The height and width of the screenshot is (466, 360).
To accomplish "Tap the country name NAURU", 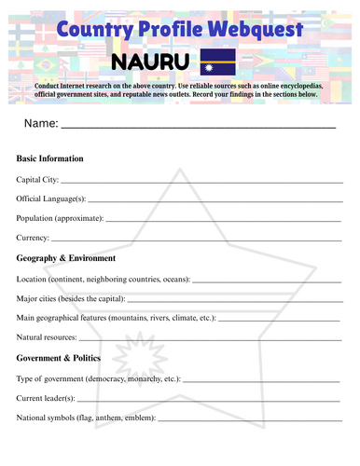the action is pyautogui.click(x=150, y=62).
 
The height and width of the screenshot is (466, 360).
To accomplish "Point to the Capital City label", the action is pyautogui.click(x=37, y=179).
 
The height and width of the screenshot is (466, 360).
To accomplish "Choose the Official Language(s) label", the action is pyautogui.click(x=51, y=199).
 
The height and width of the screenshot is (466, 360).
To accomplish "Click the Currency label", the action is pyautogui.click(x=34, y=238).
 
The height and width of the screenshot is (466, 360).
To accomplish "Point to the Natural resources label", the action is pyautogui.click(x=48, y=336).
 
